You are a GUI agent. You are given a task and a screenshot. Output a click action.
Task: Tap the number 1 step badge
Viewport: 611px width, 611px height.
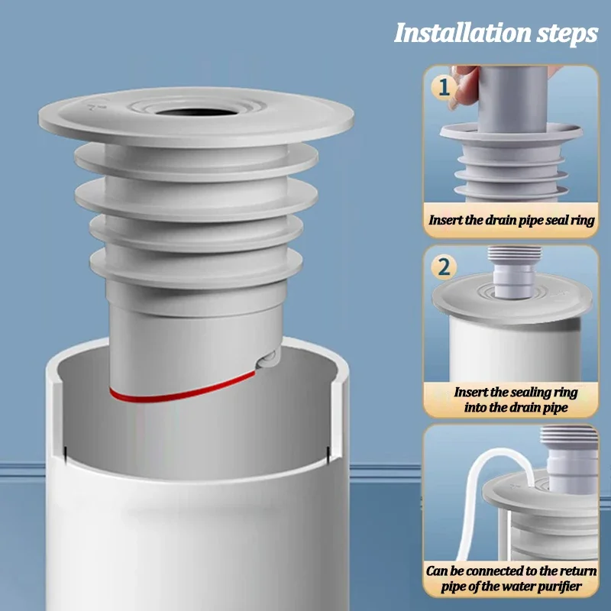coord(443,89)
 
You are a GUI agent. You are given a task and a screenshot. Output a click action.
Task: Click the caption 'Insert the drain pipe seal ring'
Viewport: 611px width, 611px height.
coord(511,220)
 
